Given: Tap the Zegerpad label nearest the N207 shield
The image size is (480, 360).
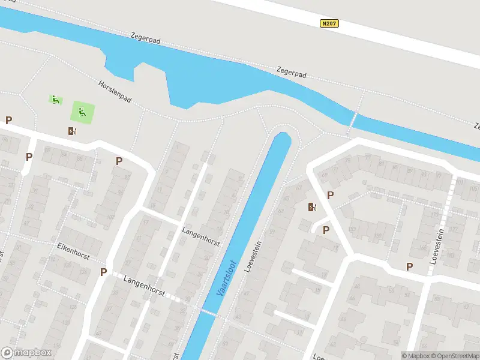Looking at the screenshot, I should (292, 73).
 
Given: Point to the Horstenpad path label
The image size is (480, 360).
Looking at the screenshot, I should (115, 91).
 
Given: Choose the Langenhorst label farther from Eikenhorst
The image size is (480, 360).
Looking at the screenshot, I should (201, 236).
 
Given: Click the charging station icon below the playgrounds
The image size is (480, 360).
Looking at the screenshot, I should (73, 131).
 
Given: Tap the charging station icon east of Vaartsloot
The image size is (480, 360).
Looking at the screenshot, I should (312, 208).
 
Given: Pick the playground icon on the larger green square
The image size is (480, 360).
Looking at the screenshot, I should (82, 111).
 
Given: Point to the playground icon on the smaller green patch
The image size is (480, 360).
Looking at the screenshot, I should (55, 100).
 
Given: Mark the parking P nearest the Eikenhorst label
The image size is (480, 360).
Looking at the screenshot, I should (103, 272).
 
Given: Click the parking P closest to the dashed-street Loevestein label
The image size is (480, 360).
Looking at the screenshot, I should (410, 266).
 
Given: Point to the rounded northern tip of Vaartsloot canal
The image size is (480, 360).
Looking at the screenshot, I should (282, 136).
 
